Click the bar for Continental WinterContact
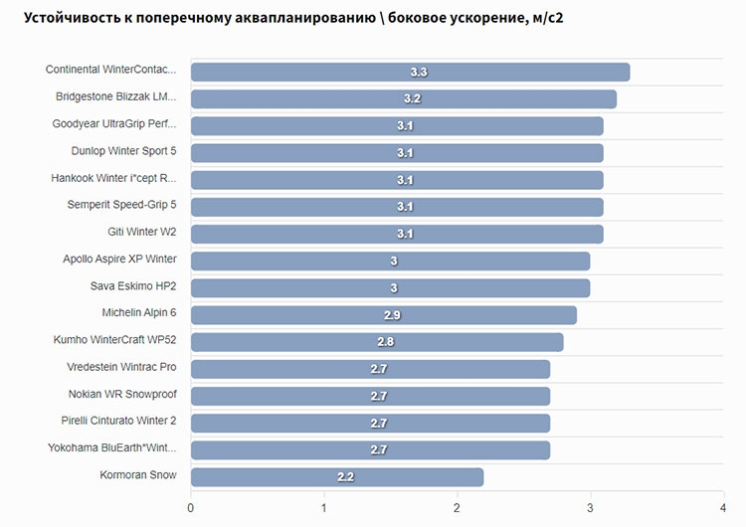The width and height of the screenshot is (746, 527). click(x=410, y=72)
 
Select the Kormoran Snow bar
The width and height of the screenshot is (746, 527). click(x=337, y=477)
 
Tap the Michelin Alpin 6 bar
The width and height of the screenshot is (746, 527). click(x=383, y=315)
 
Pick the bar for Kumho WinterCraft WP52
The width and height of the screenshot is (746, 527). click(x=377, y=342)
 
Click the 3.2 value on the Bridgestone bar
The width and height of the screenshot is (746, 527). click(x=413, y=98)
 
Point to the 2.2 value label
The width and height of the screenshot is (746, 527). click(x=345, y=477)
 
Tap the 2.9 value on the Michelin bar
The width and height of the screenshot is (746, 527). click(x=392, y=315)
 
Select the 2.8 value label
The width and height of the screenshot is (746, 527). click(x=386, y=342)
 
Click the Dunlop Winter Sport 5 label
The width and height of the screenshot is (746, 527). click(x=123, y=152)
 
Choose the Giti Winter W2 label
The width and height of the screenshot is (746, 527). click(x=142, y=233)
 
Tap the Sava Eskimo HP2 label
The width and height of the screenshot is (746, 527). click(x=133, y=286)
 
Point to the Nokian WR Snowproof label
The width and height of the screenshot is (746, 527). click(x=122, y=395)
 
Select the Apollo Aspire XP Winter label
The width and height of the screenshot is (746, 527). click(x=119, y=260)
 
